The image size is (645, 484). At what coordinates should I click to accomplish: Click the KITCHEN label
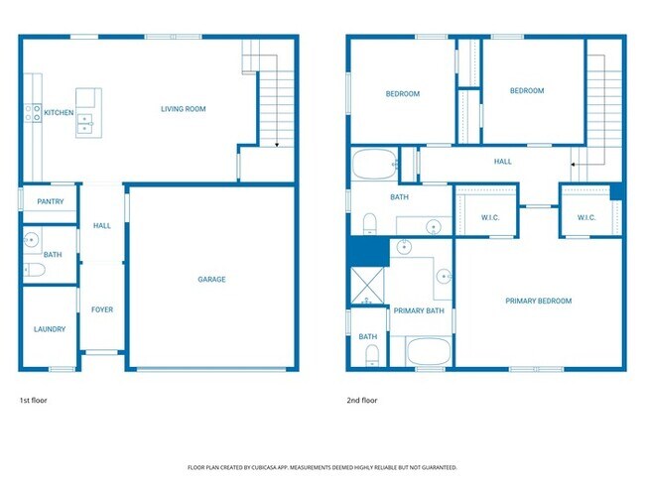pos(59,112)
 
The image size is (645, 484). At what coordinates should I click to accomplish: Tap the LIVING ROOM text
pos(184,109)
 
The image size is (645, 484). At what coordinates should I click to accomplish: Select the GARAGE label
pos(211,280)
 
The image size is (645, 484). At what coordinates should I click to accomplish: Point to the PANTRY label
pos(50,201)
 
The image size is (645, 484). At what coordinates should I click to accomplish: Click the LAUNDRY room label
pos(50,329)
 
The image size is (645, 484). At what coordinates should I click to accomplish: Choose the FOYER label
pos(102,309)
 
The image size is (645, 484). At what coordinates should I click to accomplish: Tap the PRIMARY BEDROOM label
pos(538,301)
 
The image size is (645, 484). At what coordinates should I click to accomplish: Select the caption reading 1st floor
pos(33,401)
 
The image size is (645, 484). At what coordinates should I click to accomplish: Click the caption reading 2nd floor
pos(362,401)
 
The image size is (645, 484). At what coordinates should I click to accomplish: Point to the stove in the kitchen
pos(34,113)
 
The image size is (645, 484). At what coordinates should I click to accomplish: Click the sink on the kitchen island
pos(86,123)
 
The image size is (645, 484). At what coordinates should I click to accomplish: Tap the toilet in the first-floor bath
pos(33,269)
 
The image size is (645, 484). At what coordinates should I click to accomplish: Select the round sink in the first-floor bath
pos(32,239)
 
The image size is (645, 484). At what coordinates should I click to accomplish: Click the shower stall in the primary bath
pos(367,286)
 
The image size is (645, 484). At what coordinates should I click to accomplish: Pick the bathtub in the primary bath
pos(429,352)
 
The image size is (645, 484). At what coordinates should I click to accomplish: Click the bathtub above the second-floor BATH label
pos(375,164)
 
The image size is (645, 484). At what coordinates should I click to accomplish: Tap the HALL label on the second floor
pos(503,161)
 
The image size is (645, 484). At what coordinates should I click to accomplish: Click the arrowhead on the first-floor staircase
pos(275,146)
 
